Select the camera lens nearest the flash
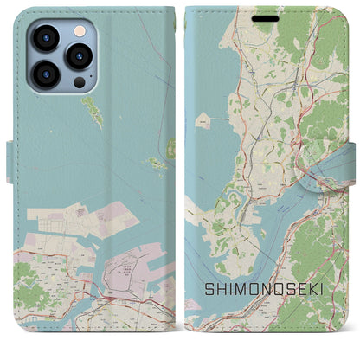[80, 57]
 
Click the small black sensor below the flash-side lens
[79, 82]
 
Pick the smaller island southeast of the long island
[154, 162]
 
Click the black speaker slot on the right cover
[271, 16]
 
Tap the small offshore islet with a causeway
[201, 121]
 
